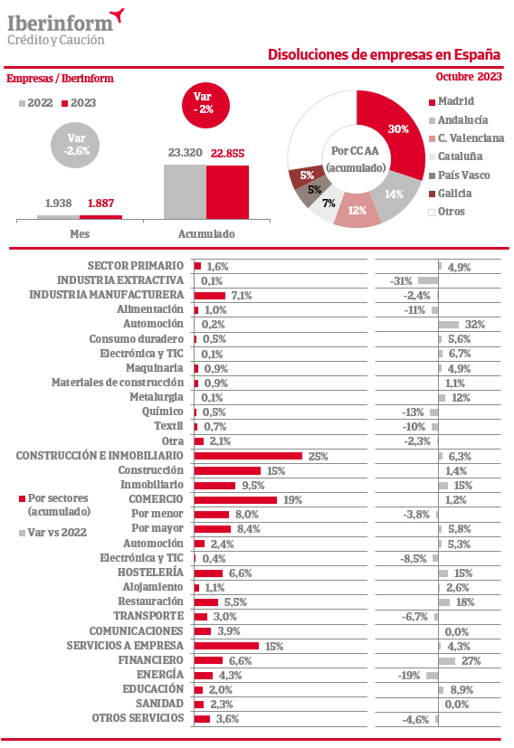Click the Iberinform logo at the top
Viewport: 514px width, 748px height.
tap(65, 27)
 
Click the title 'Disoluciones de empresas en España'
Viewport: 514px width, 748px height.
tap(384, 55)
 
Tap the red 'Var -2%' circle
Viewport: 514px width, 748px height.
tap(205, 106)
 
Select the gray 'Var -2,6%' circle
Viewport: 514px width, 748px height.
tap(75, 145)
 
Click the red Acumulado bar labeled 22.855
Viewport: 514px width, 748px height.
tap(228, 193)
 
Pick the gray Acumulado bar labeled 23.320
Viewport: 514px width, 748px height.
tap(186, 193)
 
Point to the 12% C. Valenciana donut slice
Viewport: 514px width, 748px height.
tap(357, 211)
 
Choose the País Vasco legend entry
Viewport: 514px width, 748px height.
tap(459, 175)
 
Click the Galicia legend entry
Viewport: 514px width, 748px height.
tap(450, 194)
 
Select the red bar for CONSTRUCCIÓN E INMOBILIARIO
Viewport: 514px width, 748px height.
tap(248, 456)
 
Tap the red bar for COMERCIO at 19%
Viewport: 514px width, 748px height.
tap(236, 500)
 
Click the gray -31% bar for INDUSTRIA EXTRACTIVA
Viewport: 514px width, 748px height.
tap(428, 280)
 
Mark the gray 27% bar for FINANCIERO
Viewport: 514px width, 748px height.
tap(447, 660)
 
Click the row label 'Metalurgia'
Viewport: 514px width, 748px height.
tap(157, 397)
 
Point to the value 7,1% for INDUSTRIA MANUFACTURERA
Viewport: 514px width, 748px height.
tap(242, 296)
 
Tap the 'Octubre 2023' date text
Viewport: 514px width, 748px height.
tap(469, 77)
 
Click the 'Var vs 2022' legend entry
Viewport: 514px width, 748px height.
tap(53, 533)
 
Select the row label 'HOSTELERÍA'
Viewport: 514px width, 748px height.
tap(150, 572)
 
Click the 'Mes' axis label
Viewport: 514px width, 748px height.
tap(80, 233)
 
